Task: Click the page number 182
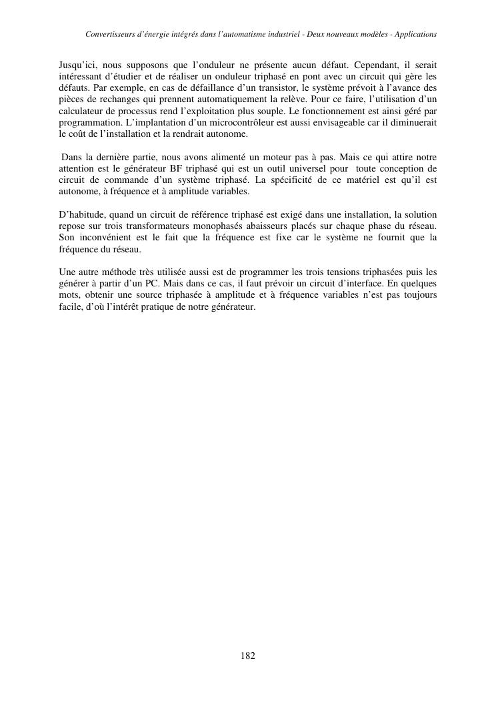pyautogui.click(x=248, y=656)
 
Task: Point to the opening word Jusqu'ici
pyautogui.click(x=78, y=66)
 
